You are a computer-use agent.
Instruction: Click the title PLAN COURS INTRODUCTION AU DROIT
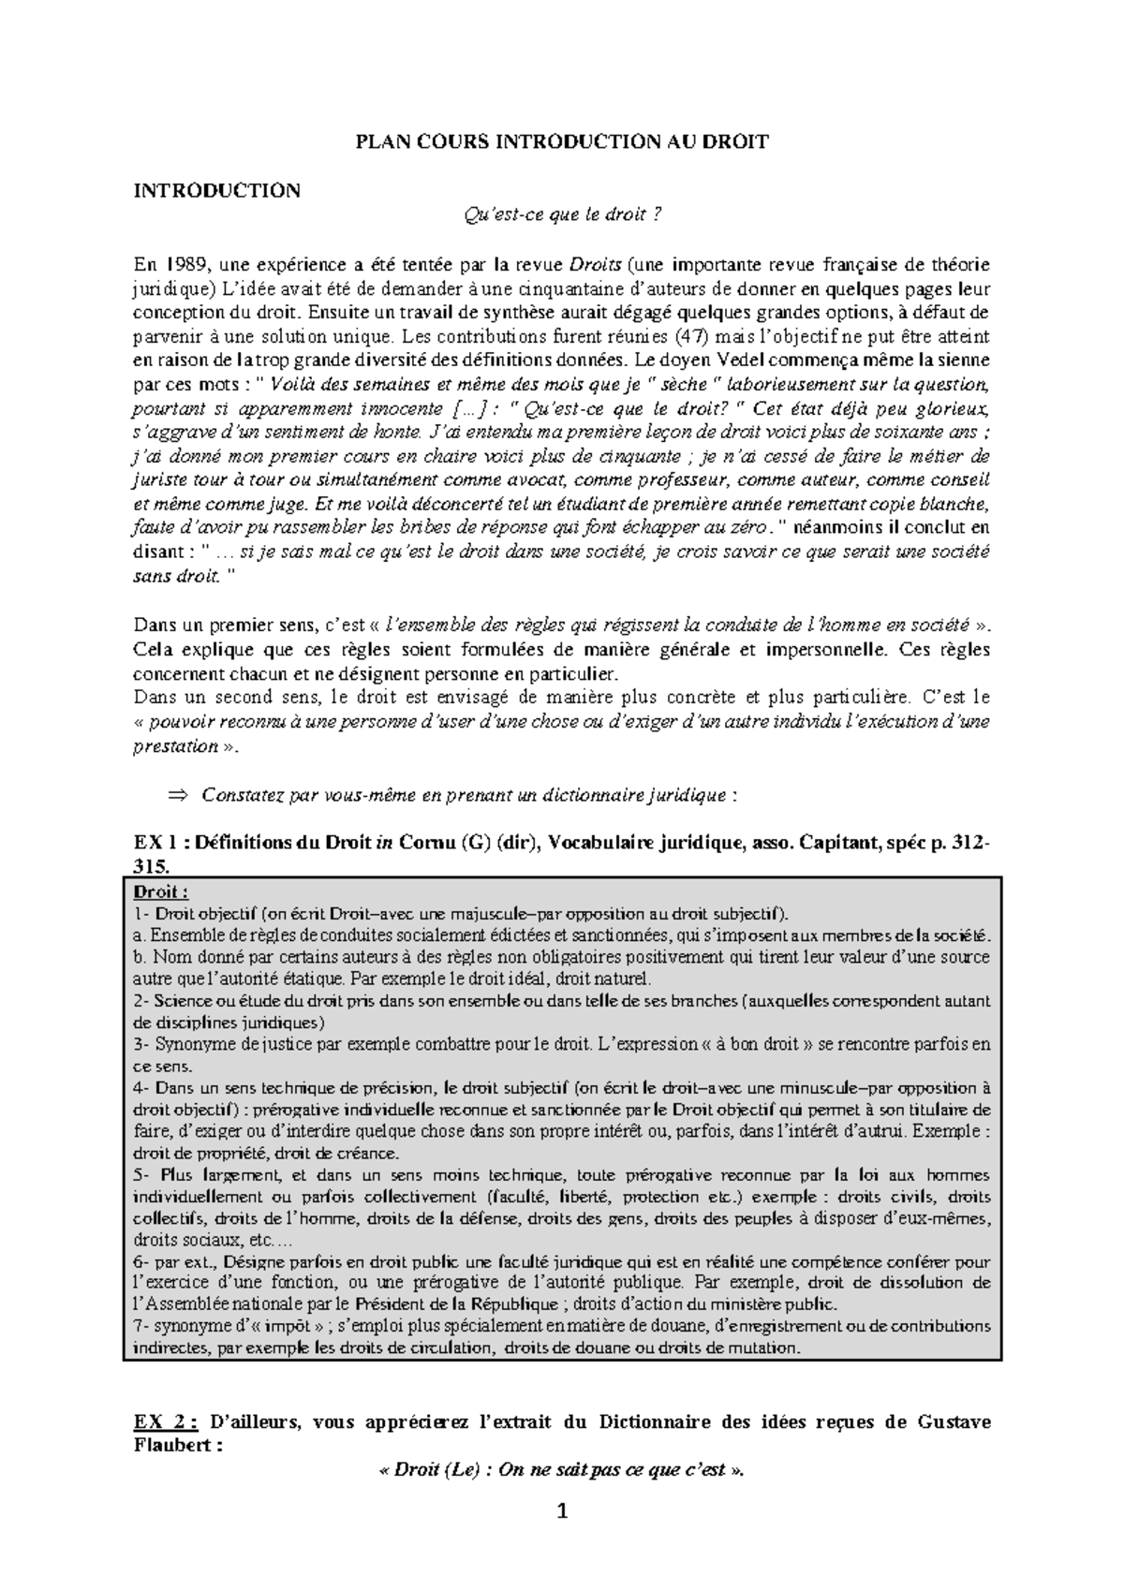coord(561,142)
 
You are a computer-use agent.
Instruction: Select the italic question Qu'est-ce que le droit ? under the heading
coord(562,216)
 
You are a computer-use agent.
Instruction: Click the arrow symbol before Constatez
coord(176,796)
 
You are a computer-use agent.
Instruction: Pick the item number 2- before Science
coord(141,1001)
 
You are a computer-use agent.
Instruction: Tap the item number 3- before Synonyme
coord(141,1044)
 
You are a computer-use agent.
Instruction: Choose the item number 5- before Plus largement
coord(141,1175)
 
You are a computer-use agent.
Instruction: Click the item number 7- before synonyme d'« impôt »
coord(141,1327)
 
